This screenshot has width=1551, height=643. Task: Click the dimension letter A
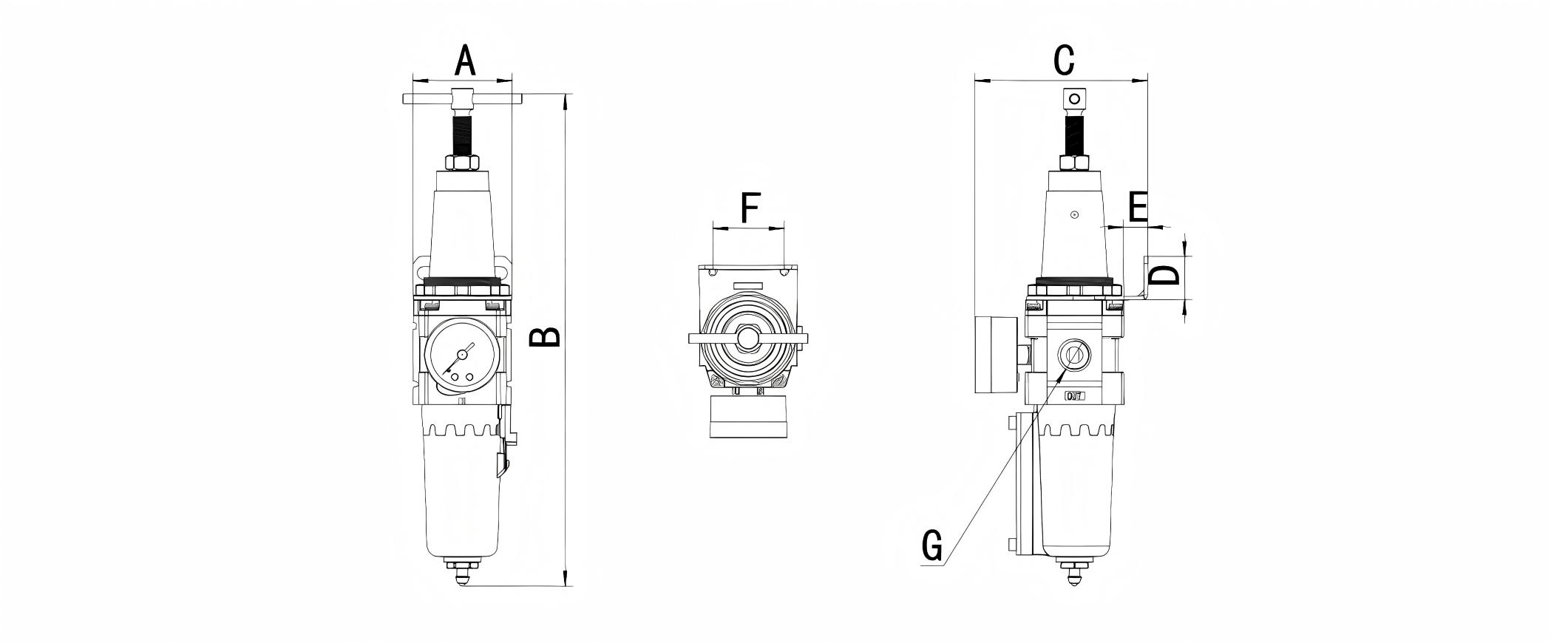point(464,61)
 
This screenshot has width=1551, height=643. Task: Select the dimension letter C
point(1063,61)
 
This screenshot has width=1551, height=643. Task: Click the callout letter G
point(932,545)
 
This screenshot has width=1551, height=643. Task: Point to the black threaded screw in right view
point(1074,134)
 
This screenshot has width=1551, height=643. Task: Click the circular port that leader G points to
point(1073,355)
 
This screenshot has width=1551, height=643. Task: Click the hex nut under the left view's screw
point(463,163)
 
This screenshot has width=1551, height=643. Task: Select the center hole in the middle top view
point(748,339)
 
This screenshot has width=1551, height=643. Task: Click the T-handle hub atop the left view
point(463,98)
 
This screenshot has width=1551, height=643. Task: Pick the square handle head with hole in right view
point(1075,98)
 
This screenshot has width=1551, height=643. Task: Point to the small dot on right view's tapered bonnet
point(1075,215)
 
